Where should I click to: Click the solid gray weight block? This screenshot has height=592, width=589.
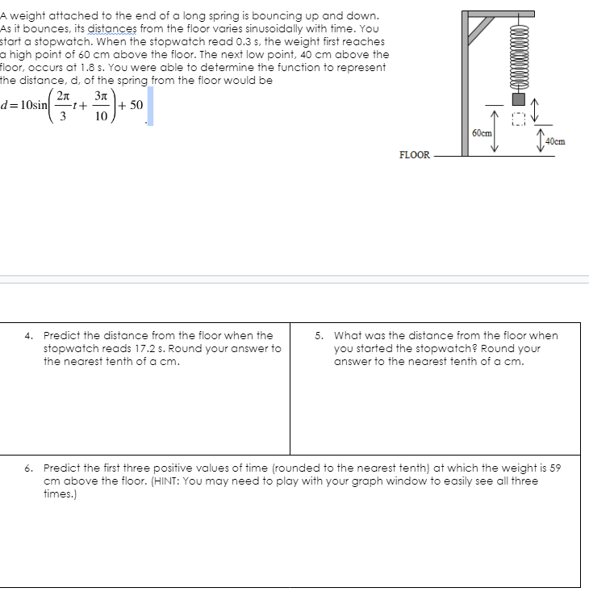(520, 99)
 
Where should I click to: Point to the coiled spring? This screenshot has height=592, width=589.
(520, 55)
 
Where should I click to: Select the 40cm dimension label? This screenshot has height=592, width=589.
(555, 141)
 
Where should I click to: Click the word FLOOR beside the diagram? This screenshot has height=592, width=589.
(415, 155)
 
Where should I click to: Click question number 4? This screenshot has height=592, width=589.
(28, 335)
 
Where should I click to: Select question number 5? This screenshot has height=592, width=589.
(320, 335)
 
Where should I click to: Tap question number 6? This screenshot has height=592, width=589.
(28, 468)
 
